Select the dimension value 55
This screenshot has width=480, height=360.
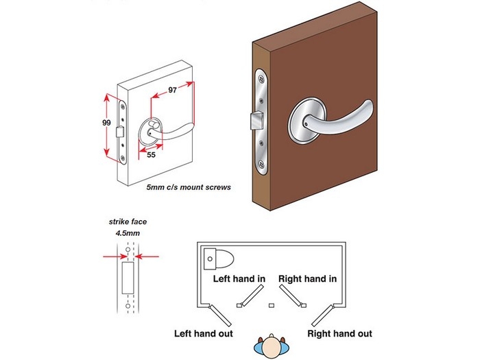[x=151, y=156]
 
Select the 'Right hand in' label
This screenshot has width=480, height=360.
[x=307, y=279]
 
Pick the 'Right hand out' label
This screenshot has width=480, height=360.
[x=341, y=334]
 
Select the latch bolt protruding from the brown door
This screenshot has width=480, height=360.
[x=254, y=123]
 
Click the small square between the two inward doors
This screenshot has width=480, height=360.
[x=272, y=304]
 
